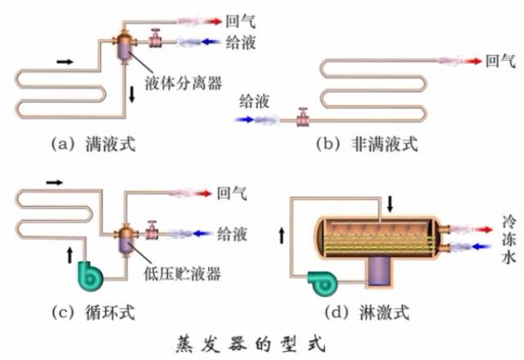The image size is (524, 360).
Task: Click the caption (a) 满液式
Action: coord(92,145)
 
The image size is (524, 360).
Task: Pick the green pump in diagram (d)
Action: coord(320,280)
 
